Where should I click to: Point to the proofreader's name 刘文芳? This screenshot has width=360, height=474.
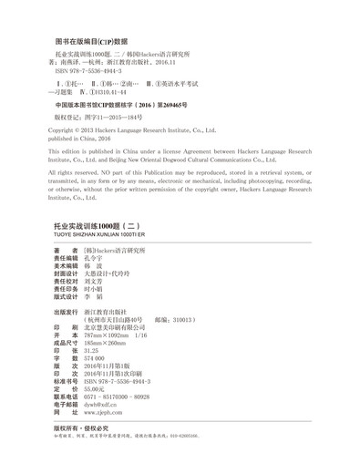coord(97,285)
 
